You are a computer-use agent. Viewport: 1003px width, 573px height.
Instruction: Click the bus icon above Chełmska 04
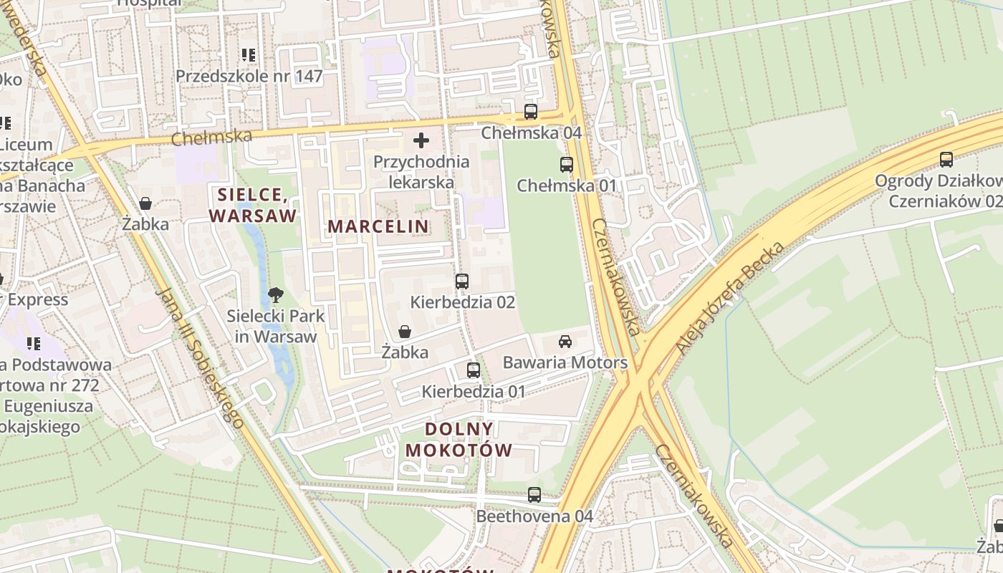(x=530, y=112)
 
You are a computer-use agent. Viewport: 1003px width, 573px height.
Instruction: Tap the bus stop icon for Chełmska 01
(x=567, y=165)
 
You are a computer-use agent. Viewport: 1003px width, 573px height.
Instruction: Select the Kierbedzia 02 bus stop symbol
(x=462, y=281)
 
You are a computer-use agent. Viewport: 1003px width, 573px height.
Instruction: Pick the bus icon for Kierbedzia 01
(x=474, y=370)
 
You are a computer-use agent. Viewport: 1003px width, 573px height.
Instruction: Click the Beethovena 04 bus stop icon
(x=534, y=495)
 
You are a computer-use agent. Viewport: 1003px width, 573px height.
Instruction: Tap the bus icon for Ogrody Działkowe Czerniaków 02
(x=946, y=160)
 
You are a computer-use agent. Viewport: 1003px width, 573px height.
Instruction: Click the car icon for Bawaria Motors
(x=565, y=342)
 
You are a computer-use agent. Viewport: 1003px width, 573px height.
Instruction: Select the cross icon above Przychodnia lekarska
(x=421, y=140)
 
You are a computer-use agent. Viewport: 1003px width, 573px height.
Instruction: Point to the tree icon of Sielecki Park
(x=275, y=294)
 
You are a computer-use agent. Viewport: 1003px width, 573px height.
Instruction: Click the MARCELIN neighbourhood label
(x=378, y=226)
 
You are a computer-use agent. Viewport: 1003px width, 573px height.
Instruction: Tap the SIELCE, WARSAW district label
(x=252, y=205)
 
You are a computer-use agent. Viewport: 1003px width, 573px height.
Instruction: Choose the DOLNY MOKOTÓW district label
(x=459, y=439)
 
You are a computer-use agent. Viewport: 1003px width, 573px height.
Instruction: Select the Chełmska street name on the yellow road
(x=211, y=137)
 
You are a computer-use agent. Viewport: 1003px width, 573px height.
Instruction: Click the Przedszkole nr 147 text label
(x=249, y=76)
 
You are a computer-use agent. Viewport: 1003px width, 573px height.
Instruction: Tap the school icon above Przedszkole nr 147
(x=249, y=55)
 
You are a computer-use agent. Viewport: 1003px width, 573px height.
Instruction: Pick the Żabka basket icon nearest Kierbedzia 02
(x=405, y=332)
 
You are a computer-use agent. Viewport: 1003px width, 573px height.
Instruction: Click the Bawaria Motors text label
(x=565, y=362)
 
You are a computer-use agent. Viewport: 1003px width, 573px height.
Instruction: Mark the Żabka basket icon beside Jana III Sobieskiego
(x=145, y=203)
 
